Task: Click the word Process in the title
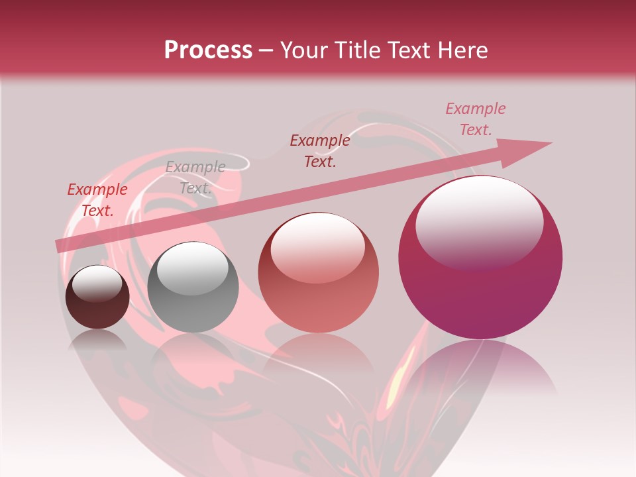208,50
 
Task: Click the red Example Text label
97,200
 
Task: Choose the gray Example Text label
195,178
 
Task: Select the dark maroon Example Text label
320,150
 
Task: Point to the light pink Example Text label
475,119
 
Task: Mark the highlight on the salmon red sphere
317,248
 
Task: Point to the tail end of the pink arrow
60,246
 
